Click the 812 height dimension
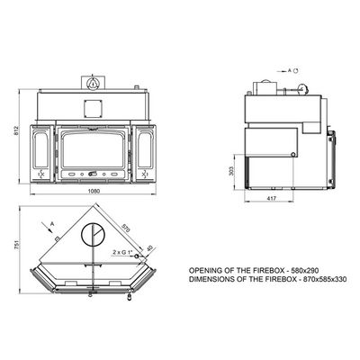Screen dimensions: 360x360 click(x=16, y=130)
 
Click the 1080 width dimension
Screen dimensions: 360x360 click(x=94, y=191)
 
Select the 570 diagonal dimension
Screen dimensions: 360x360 click(x=126, y=229)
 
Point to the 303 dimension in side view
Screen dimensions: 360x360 click(x=230, y=171)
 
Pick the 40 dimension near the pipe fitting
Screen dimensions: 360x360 click(x=150, y=249)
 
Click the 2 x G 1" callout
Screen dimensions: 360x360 click(x=123, y=252)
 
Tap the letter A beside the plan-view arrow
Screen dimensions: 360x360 click(x=52, y=223)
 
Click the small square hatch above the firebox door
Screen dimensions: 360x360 click(x=94, y=108)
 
